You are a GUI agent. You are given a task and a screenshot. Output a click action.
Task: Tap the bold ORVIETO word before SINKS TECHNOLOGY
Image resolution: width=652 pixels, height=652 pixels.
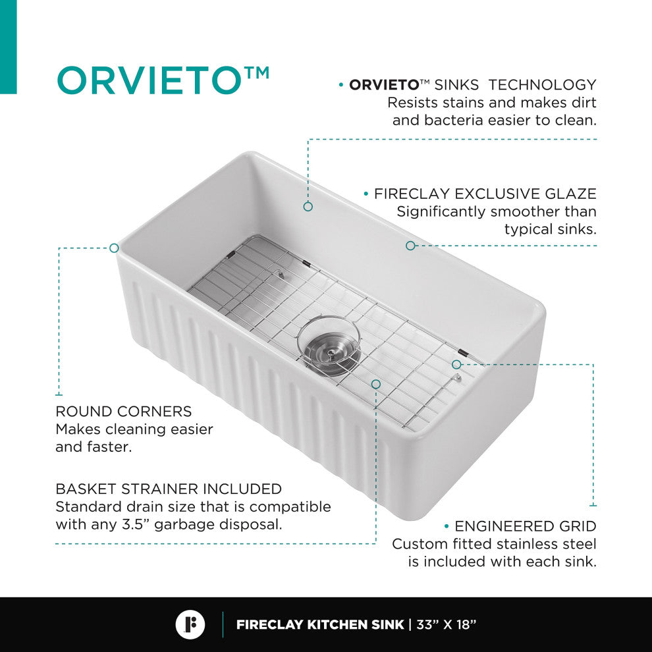[384, 85]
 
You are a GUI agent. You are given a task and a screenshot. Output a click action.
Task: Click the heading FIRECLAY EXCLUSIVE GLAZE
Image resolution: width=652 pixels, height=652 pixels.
[485, 194]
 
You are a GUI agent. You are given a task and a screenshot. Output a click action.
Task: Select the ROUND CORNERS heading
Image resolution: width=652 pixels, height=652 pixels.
[124, 412]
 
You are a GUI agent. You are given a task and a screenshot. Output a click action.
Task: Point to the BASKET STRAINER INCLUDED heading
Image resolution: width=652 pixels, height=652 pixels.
[169, 489]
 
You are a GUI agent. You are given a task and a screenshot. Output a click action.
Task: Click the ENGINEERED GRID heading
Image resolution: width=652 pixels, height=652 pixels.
[525, 526]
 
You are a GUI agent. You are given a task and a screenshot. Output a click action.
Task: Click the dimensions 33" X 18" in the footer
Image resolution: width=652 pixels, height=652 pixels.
[446, 624]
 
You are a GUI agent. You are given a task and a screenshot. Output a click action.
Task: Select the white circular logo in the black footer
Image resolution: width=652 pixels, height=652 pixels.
[190, 624]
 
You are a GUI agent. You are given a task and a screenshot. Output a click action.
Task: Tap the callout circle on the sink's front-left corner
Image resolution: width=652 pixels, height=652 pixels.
[114, 248]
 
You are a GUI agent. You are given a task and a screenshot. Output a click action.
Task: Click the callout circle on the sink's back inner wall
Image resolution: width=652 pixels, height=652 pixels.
[308, 207]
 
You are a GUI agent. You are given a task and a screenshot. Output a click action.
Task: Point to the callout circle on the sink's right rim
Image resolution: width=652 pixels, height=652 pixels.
[410, 246]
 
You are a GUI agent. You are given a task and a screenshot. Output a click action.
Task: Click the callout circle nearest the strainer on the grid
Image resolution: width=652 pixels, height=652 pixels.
[376, 383]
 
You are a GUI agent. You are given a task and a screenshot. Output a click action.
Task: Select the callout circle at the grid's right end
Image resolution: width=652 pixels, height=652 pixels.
[456, 364]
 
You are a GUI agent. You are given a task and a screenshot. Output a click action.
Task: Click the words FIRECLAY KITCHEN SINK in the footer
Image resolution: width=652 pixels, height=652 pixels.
[320, 624]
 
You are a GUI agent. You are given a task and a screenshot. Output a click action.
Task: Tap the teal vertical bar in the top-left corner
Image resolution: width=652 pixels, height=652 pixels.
[8, 46]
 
